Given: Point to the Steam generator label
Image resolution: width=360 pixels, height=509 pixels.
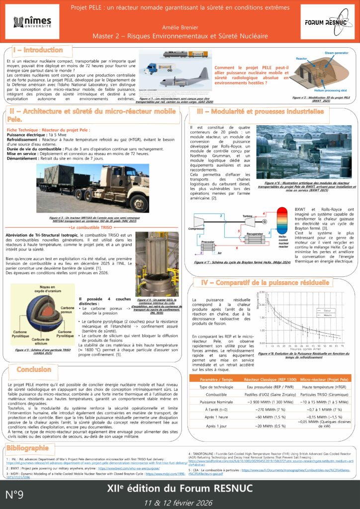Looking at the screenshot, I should coord(336,53).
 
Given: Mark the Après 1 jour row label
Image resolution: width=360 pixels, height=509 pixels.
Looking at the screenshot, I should coord(216,426).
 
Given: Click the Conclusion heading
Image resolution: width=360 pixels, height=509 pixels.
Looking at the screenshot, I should coord(34,369).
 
